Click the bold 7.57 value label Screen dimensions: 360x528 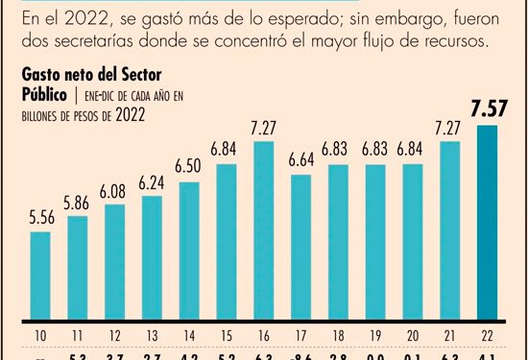[487, 108]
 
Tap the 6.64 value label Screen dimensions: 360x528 [301, 159]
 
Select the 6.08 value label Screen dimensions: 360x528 [115, 190]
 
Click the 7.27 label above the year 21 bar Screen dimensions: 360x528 [449, 126]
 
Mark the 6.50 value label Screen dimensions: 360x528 [189, 167]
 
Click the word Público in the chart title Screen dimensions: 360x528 [45, 94]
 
